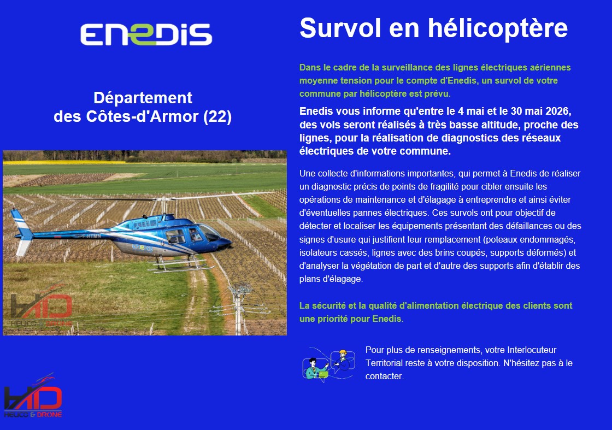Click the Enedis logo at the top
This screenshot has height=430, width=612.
click(x=146, y=34)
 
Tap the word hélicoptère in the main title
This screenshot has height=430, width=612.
click(x=498, y=28)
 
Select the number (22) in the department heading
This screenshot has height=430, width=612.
click(x=217, y=116)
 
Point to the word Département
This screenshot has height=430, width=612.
click(x=143, y=98)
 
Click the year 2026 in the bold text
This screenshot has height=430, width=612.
click(x=558, y=111)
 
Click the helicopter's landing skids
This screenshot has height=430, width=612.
click(x=181, y=266)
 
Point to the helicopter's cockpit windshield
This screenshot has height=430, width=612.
click(x=210, y=232)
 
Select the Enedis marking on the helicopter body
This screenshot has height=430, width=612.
click(x=143, y=248)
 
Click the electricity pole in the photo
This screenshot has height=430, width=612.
click(x=238, y=308)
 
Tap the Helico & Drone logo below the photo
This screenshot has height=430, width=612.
click(x=33, y=397)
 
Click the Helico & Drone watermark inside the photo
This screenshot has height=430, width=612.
click(x=41, y=307)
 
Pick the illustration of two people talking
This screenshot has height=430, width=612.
click(x=329, y=364)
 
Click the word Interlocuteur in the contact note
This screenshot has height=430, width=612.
click(x=532, y=350)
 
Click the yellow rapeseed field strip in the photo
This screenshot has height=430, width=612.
click(x=64, y=162)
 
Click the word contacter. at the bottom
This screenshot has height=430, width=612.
click(x=385, y=376)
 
